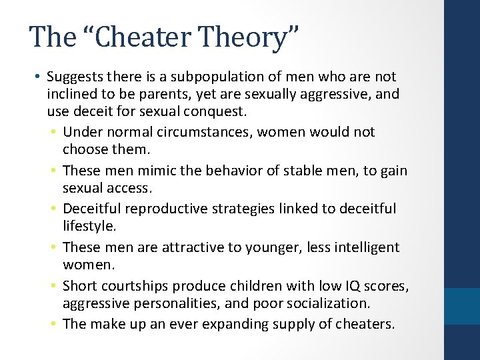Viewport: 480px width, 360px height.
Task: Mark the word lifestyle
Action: point(88,226)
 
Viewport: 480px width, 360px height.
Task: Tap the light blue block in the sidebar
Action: point(461,305)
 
